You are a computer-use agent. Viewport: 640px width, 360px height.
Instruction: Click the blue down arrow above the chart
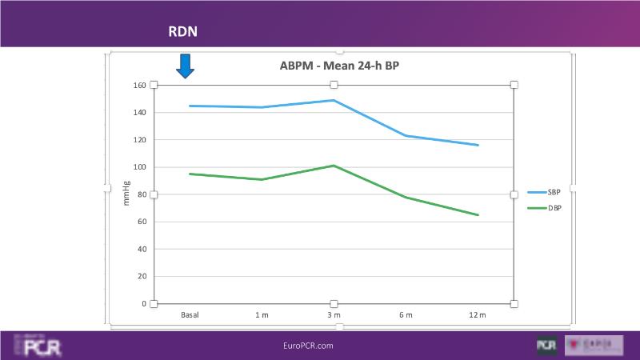click(186, 66)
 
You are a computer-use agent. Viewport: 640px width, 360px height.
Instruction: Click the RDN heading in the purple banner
click(182, 31)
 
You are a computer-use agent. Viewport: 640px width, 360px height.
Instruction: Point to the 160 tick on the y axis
click(139, 85)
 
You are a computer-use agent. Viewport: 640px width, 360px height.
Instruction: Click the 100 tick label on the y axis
click(139, 167)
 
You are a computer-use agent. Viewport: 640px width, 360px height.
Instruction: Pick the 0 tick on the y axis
click(144, 304)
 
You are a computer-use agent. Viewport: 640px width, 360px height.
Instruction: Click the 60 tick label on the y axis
click(141, 222)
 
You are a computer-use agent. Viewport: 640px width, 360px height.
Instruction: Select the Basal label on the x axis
click(190, 315)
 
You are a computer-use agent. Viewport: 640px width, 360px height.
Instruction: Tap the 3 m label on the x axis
click(334, 315)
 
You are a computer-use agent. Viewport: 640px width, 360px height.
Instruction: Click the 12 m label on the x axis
click(478, 315)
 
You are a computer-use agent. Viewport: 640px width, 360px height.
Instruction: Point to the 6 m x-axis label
click(406, 315)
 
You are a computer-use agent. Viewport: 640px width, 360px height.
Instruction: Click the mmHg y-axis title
click(126, 194)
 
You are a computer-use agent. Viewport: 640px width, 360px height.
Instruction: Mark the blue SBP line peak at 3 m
click(334, 100)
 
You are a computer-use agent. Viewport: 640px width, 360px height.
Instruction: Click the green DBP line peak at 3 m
click(334, 166)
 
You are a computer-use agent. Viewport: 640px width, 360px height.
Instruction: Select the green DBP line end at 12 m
click(478, 214)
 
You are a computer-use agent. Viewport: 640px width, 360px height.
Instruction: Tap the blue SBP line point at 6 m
click(406, 135)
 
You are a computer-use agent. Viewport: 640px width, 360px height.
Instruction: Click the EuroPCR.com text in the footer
click(308, 346)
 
